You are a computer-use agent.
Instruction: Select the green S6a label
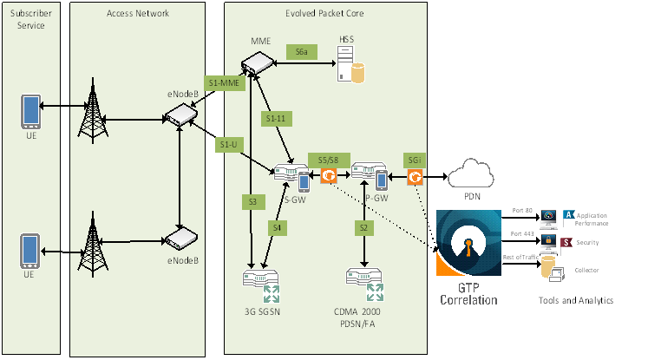point(301,53)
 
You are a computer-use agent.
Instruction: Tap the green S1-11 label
point(276,117)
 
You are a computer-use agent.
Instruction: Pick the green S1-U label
point(228,143)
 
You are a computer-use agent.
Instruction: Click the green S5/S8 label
point(328,160)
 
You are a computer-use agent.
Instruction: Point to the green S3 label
point(252,201)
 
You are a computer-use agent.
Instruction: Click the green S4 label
point(277,227)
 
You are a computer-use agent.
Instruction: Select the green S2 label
point(363,227)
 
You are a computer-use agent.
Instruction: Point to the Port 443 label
point(521,234)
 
